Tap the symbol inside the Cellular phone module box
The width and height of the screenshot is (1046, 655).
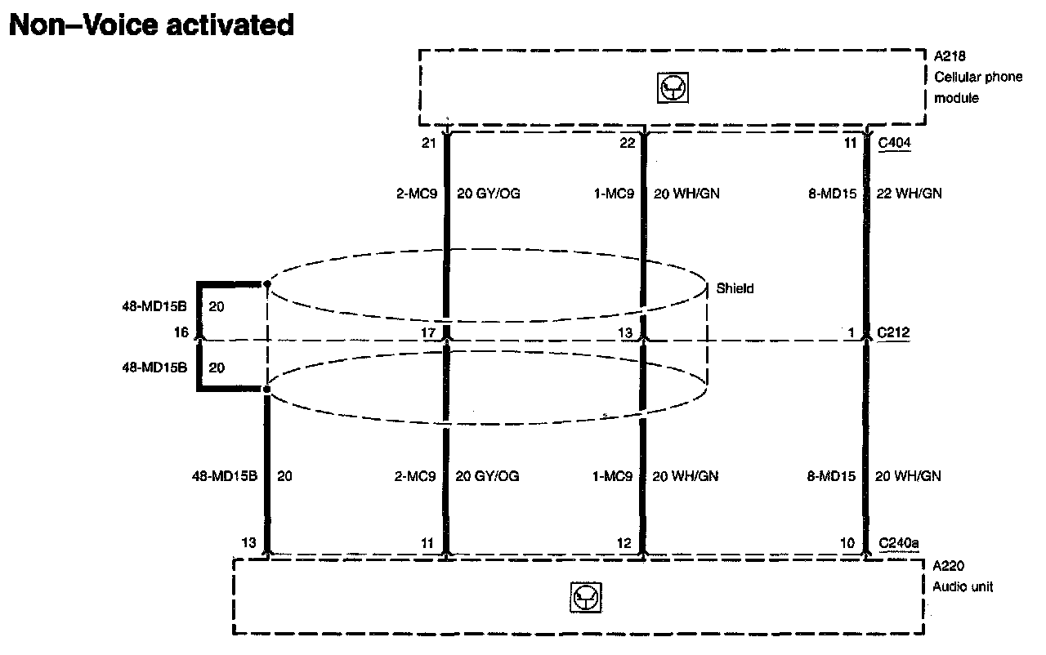point(673,88)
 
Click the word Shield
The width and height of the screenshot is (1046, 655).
point(735,287)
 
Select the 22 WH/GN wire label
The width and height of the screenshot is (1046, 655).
point(908,194)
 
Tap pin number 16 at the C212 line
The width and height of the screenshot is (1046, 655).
point(181,332)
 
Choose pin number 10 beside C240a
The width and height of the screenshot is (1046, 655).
point(848,542)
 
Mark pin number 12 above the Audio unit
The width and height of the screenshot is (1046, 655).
point(625,542)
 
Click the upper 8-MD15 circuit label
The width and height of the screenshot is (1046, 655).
point(832,194)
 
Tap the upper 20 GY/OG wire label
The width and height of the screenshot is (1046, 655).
point(488,194)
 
